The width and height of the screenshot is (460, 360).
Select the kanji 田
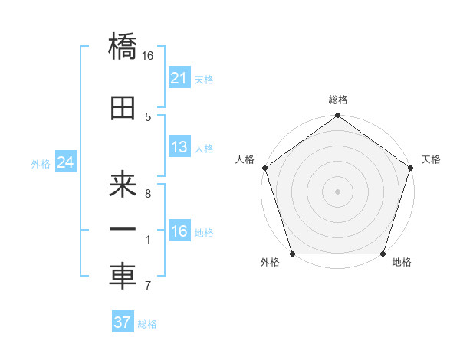click(x=123, y=109)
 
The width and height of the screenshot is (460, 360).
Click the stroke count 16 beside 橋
click(x=148, y=55)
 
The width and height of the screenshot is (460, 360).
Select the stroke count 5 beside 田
click(x=148, y=116)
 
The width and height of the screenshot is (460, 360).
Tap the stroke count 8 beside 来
click(x=148, y=194)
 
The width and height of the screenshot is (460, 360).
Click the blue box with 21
click(x=179, y=78)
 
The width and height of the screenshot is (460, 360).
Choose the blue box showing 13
click(x=179, y=147)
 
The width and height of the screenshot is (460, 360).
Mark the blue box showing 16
click(x=179, y=231)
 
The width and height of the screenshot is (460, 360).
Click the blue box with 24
click(x=65, y=162)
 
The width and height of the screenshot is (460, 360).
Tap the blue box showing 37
click(x=122, y=322)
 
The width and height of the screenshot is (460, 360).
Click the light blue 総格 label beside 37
click(x=147, y=324)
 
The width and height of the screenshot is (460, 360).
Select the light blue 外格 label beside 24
click(x=41, y=164)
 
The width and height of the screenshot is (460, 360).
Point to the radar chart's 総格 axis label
click(x=337, y=100)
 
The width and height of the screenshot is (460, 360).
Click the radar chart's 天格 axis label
click(x=431, y=159)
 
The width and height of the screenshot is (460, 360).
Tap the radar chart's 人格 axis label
click(x=245, y=159)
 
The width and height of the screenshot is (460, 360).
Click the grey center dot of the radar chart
click(x=337, y=191)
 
